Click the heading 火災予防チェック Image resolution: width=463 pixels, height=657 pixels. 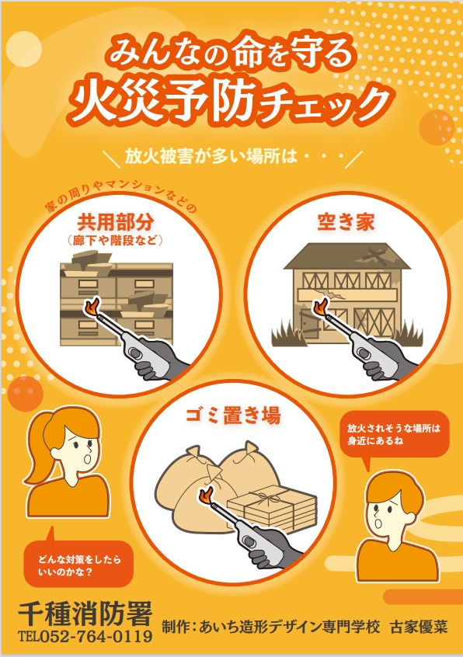tap(230, 102)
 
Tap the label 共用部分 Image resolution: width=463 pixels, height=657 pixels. tap(115, 222)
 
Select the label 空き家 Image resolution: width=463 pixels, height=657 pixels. tap(346, 222)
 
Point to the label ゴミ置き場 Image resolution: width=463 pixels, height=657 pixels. tap(233, 415)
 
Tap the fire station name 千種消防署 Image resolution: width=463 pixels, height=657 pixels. tap(85, 614)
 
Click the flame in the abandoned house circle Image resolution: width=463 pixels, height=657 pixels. tap(321, 307)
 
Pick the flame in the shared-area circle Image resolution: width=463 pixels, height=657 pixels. tap(92, 307)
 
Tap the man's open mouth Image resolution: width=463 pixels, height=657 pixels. tap(378, 524)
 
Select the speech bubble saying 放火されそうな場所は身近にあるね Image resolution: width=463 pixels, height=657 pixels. tap(393, 436)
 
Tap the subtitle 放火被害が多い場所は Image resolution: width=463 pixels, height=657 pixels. tap(211, 156)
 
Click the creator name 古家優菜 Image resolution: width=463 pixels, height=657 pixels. tap(419, 627)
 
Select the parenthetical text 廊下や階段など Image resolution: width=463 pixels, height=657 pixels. tap(115, 241)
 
